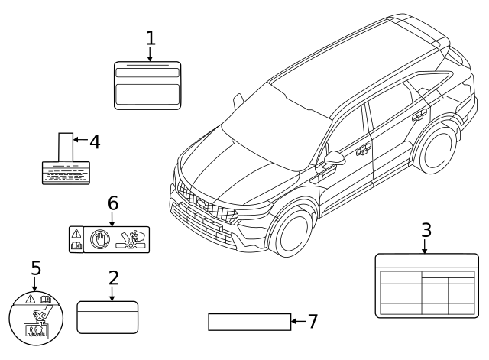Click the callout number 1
pyautogui.click(x=151, y=37)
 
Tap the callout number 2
pyautogui.click(x=113, y=279)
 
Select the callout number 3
pyautogui.click(x=426, y=229)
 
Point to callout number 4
pyautogui.click(x=95, y=141)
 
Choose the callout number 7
pyautogui.click(x=312, y=322)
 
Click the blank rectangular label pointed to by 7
pyautogui.click(x=249, y=322)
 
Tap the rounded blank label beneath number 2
pyautogui.click(x=108, y=316)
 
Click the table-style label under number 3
pyautogui.click(x=426, y=285)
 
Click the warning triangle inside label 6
pyautogui.click(x=76, y=233)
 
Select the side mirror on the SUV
pyautogui.click(x=334, y=160)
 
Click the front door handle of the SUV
pyautogui.click(x=363, y=150)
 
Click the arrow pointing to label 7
pyautogui.click(x=297, y=322)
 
